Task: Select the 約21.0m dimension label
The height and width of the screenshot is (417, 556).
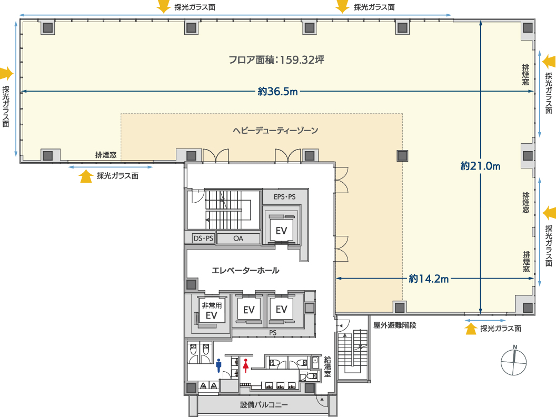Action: [x=480, y=166]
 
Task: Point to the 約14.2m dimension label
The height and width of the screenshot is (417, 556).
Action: [x=429, y=279]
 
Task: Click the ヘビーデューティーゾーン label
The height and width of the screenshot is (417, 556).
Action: [x=275, y=130]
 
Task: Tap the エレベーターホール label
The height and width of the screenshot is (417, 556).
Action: [x=245, y=271]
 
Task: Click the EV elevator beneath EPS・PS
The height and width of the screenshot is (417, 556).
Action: [x=281, y=230]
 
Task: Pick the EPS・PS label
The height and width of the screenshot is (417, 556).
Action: [x=285, y=197]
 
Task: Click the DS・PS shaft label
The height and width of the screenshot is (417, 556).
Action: [x=203, y=239]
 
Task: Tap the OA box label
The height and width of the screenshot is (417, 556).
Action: [x=239, y=239]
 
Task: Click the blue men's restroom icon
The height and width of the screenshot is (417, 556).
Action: [x=219, y=365]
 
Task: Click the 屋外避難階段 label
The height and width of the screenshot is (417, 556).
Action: [x=395, y=325]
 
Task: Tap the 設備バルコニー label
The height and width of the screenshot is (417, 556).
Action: [x=264, y=405]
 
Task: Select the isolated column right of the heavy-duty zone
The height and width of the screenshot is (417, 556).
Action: [x=403, y=155]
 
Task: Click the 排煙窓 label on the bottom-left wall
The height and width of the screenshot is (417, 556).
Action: [x=106, y=155]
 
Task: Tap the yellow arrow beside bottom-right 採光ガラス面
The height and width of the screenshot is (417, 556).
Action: [x=471, y=329]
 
